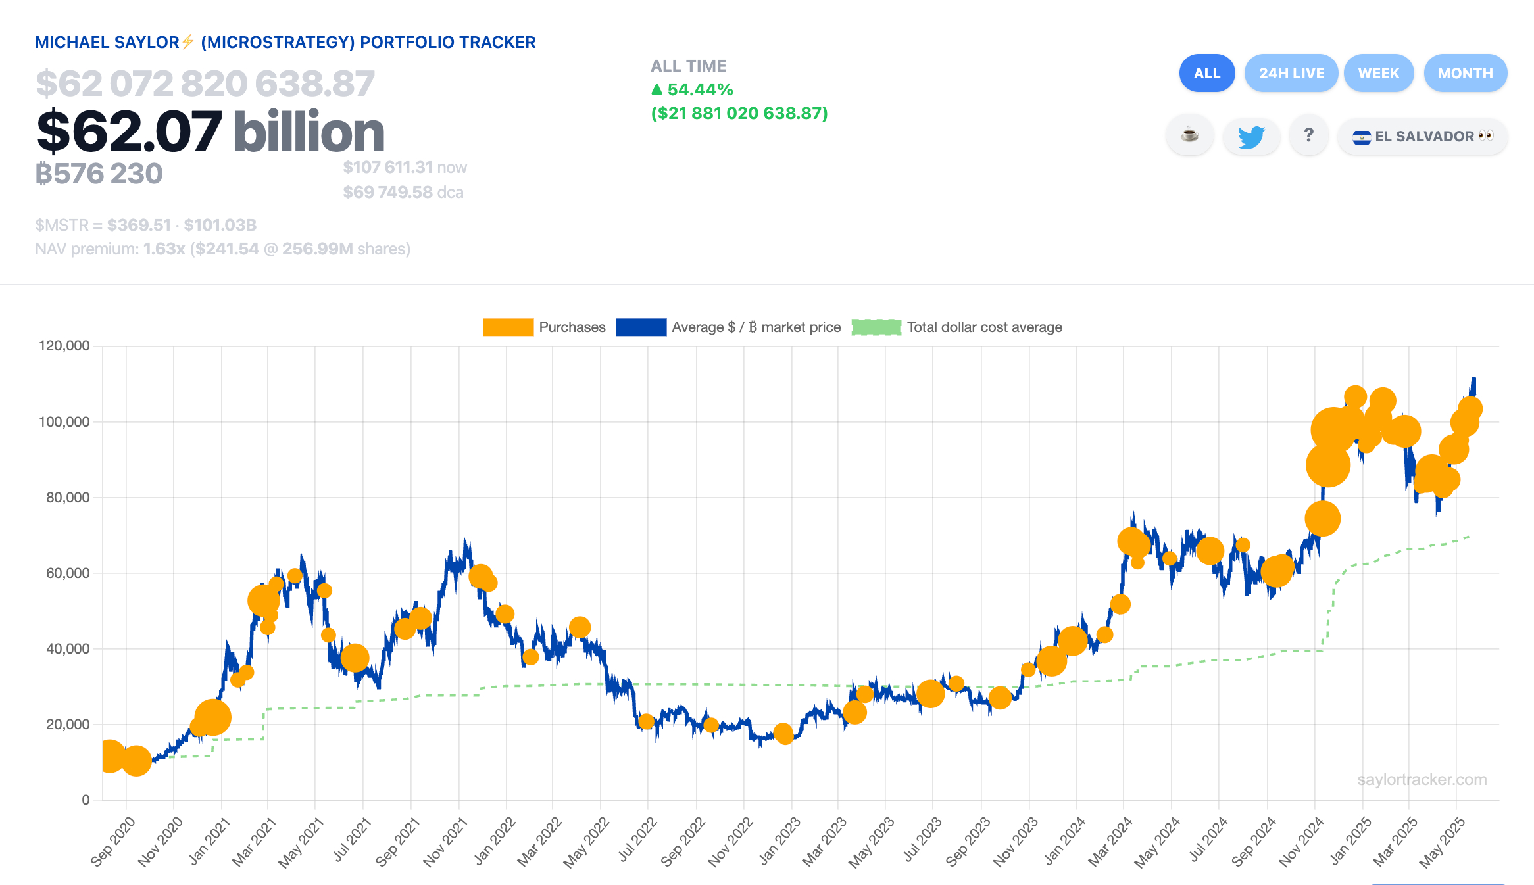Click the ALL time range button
coord(1206,73)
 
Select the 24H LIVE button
coord(1291,73)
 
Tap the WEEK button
coord(1379,73)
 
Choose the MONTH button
coord(1465,73)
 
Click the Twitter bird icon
coord(1250,137)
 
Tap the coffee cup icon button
coord(1189,135)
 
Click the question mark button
coord(1308,135)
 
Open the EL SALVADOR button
coord(1422,137)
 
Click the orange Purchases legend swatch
coord(508,327)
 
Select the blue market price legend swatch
coord(641,327)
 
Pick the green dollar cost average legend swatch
coord(876,327)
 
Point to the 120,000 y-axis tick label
coord(64,346)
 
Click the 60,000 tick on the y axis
coord(68,573)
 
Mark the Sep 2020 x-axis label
coord(113,841)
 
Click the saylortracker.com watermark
coord(1422,780)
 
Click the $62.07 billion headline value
coord(210,132)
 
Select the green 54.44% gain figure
coord(699,89)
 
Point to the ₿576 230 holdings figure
coord(99,174)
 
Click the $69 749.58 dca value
coord(403,192)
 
